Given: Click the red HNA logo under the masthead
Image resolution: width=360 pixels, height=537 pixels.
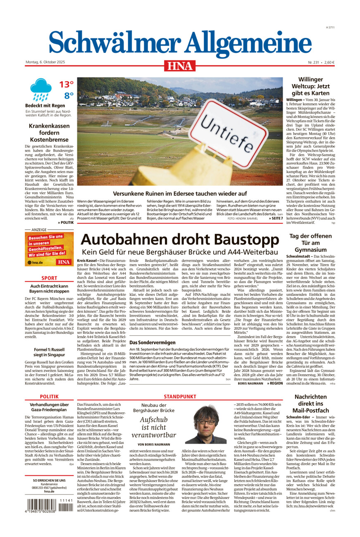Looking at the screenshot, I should click(180, 65).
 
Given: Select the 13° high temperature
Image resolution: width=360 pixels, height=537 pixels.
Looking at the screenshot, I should click(66, 85).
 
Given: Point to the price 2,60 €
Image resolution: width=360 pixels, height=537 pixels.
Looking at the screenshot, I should click(329, 62).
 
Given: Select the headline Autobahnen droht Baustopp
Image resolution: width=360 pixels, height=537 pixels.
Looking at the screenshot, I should click(180, 240).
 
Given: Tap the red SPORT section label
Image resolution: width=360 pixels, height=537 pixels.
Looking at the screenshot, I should click(49, 278).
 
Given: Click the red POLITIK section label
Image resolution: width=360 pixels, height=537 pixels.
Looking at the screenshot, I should click(49, 396).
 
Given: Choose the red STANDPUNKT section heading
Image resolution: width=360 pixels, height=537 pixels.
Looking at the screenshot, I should click(180, 396).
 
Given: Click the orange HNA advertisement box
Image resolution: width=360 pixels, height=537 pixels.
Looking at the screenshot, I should click(49, 249).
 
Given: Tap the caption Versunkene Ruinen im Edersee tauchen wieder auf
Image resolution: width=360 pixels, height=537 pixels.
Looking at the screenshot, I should click(180, 193).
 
